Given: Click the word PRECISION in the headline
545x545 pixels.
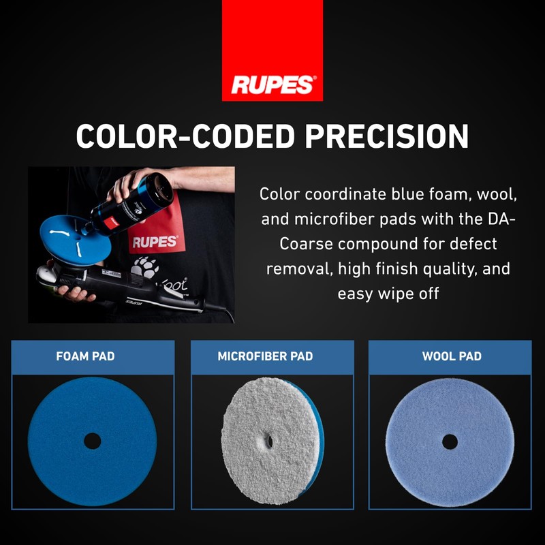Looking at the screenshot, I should pyautogui.click(x=387, y=136).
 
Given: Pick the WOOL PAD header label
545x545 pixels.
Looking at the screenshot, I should pyautogui.click(x=452, y=356).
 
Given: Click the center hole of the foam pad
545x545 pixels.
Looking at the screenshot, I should pyautogui.click(x=92, y=441).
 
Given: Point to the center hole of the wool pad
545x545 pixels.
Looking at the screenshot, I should pyautogui.click(x=450, y=441).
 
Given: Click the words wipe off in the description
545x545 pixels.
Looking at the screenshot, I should pyautogui.click(x=408, y=293).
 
